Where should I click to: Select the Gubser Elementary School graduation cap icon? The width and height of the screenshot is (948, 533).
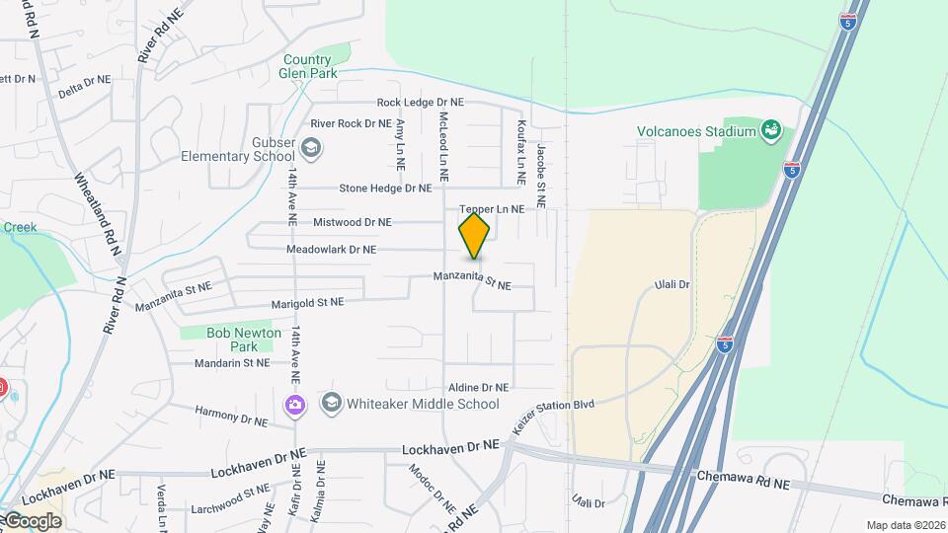click(x=311, y=149)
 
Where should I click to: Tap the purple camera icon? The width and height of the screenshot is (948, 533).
click(x=294, y=405)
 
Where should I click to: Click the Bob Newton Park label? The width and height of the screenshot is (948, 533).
click(x=244, y=340)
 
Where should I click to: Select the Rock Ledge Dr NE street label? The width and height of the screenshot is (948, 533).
click(x=420, y=103)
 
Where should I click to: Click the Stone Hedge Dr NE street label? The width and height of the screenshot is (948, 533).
click(x=385, y=188)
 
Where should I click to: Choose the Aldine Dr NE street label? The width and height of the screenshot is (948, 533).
click(x=478, y=388)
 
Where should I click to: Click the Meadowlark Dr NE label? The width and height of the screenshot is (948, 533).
click(x=331, y=250)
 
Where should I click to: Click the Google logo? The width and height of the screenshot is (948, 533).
click(x=32, y=520)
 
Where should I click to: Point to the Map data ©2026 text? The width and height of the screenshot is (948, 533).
click(x=906, y=525)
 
